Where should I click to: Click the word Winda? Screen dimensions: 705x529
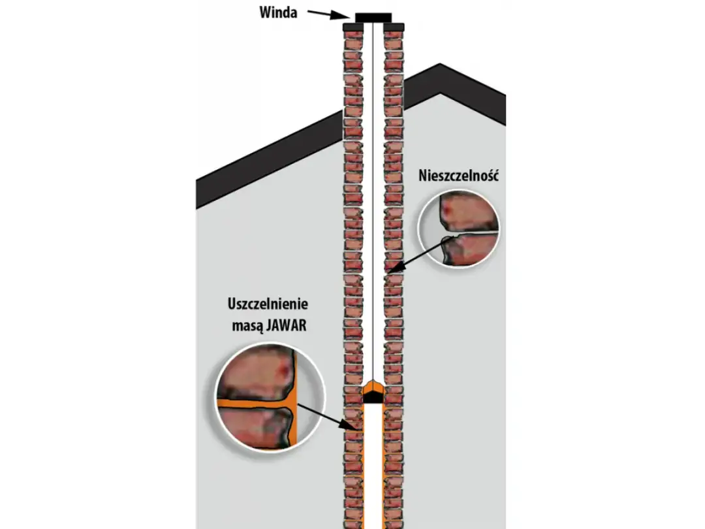pos(278,12)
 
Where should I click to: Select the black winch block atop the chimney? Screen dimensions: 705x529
pos(373,18)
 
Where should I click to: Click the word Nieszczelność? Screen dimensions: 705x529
pos(459,176)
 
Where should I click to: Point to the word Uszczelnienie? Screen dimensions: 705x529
pos(268,304)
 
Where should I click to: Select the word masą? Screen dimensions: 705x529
pos(247,326)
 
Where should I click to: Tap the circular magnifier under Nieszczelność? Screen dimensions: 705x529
pos(458,229)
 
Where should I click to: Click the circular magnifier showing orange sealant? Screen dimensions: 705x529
pos(270,398)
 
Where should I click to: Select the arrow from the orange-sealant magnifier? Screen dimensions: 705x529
pos(328,417)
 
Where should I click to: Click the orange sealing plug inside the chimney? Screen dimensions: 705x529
pos(373,387)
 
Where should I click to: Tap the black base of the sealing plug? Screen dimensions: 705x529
pos(373,398)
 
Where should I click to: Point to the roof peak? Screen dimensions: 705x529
pos(440,65)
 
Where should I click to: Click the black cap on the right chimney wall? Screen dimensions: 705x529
pos(394,27)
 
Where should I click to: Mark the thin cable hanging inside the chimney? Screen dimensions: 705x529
pos(373,202)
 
